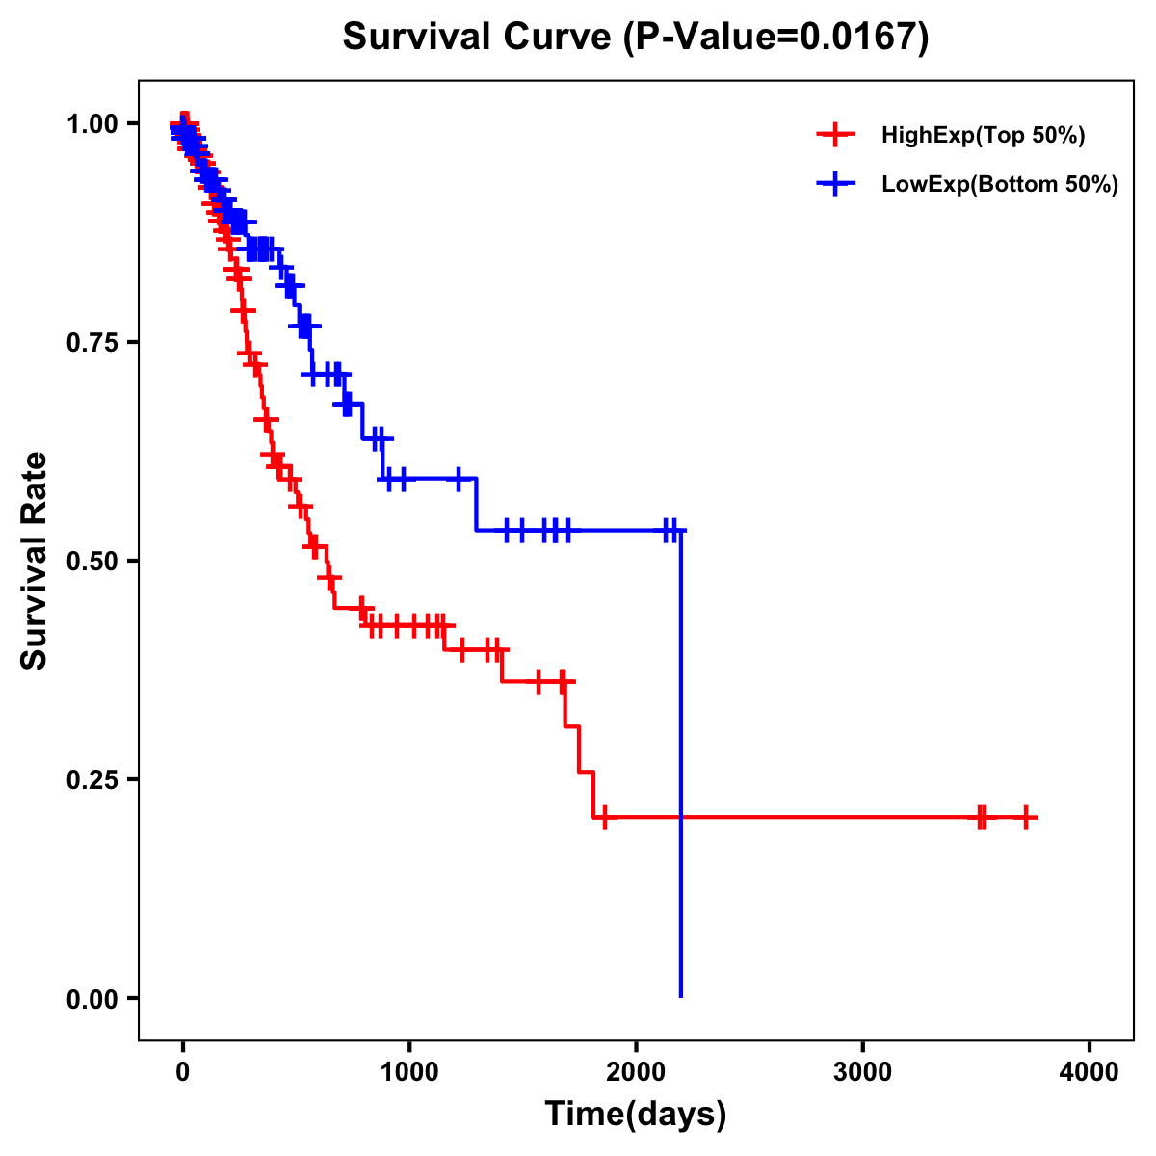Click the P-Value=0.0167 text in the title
pyautogui.click(x=776, y=39)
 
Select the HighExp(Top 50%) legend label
pyautogui.click(x=983, y=136)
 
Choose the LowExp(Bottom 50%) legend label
pyautogui.click(x=1000, y=185)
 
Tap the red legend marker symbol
pyautogui.click(x=835, y=135)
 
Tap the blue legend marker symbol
pyautogui.click(x=835, y=184)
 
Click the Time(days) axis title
pyautogui.click(x=636, y=1115)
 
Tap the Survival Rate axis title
pyautogui.click(x=35, y=561)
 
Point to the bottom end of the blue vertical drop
pyautogui.click(x=681, y=995)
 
